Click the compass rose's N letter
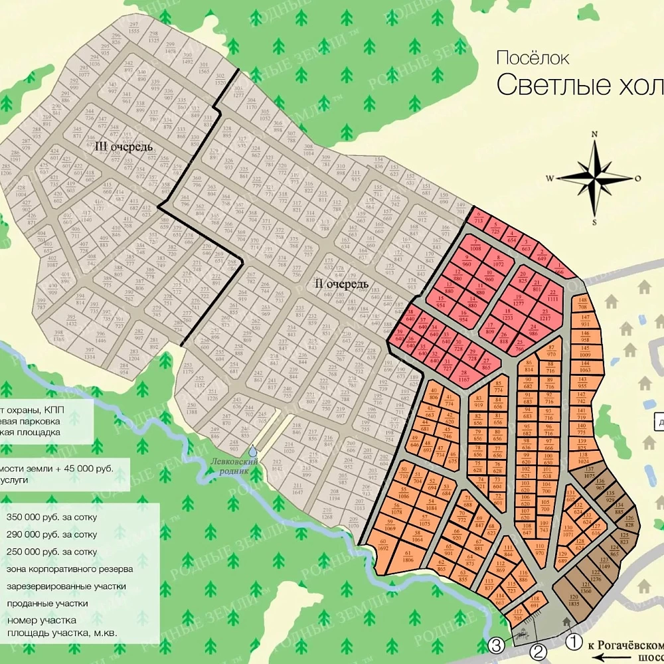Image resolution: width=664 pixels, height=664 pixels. tap(595, 134)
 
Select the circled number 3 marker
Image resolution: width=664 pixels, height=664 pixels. tap(496, 645)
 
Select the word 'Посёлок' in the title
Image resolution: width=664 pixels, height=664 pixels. tap(533, 58)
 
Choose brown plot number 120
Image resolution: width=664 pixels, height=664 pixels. tap(573, 600)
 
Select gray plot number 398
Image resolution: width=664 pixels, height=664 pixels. tap(59, 335)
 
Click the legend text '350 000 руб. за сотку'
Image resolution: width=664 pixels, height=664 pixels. tap(52, 517)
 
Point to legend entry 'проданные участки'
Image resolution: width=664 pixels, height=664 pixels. tap(47, 604)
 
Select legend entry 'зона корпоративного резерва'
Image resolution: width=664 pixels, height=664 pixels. tap(70, 569)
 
